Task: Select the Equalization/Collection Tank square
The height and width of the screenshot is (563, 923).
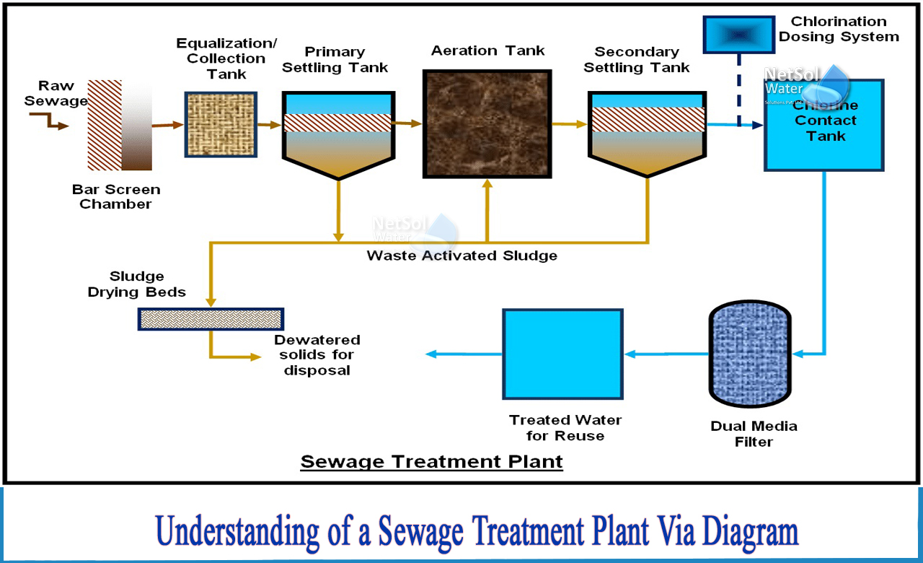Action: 220,124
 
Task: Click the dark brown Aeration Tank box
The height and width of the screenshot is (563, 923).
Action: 487,123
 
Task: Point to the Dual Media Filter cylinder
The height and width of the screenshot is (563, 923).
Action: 750,354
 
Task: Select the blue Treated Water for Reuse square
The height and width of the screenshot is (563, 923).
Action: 562,354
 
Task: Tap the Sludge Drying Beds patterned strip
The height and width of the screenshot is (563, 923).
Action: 211,318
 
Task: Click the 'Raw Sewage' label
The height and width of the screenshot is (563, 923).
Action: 56,95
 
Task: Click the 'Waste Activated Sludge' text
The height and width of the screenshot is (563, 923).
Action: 461,256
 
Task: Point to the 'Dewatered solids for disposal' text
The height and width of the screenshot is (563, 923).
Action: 317,354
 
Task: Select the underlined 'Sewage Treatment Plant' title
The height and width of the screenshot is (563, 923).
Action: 431,461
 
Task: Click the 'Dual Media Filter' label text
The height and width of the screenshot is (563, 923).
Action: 754,433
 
